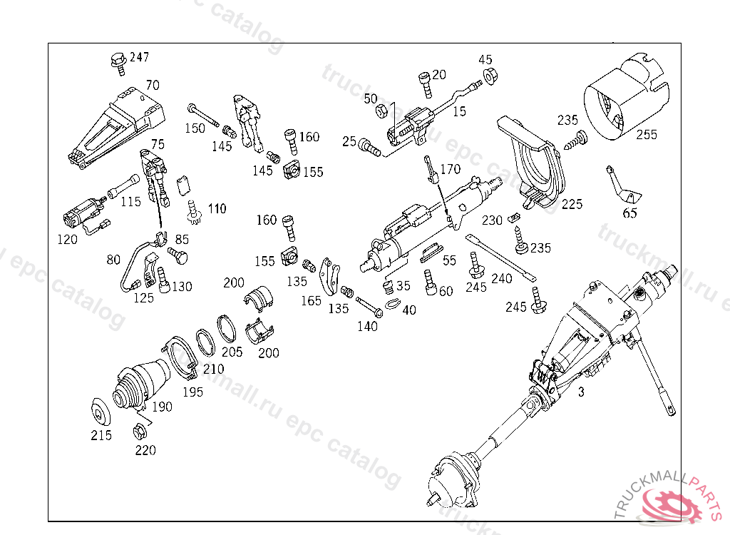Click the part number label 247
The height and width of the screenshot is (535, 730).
click(x=139, y=57)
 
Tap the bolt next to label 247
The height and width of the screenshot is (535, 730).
click(x=118, y=61)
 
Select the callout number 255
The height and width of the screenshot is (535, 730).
click(x=647, y=135)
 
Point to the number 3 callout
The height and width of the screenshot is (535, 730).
click(x=581, y=392)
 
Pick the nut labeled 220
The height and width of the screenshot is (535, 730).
click(x=140, y=432)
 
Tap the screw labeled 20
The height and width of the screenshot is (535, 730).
click(x=426, y=83)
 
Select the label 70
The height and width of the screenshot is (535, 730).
click(x=153, y=85)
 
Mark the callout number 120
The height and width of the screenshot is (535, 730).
click(x=67, y=240)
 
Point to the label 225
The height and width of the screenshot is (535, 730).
click(x=572, y=204)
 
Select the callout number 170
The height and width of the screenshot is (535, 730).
click(x=451, y=170)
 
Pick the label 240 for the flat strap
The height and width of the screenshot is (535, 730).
click(x=502, y=279)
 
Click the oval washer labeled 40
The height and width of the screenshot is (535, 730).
click(x=392, y=305)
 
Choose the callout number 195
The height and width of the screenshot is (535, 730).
click(x=192, y=392)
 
